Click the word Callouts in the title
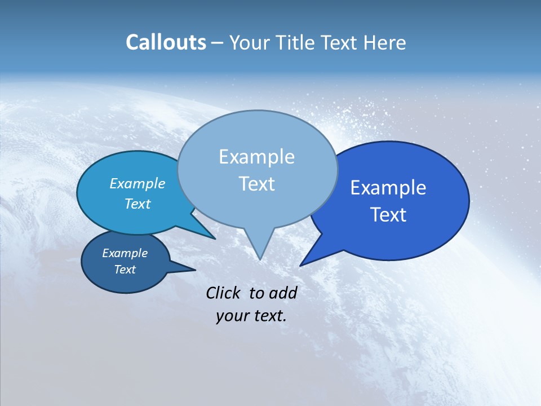point(166,42)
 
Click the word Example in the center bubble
point(256,157)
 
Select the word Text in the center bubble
point(256,184)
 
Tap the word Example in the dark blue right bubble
point(388,188)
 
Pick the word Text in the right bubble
point(388,215)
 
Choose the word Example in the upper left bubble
point(137,183)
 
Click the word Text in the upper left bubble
point(137,204)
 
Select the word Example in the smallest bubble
point(125,253)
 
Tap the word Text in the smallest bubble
point(125,270)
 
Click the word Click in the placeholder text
point(224,293)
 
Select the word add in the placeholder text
point(282,293)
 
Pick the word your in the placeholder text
point(229,316)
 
